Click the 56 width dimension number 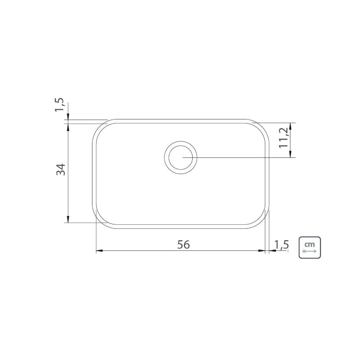(184, 244)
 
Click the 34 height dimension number (61, 170)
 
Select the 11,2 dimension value (284, 138)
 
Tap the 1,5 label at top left (59, 105)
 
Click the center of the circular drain (181, 158)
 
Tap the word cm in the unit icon (310, 244)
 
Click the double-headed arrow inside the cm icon (310, 251)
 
